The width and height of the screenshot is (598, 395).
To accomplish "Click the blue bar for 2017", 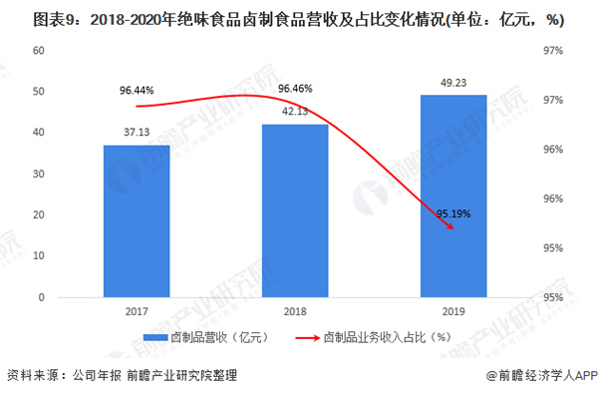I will point(137,220).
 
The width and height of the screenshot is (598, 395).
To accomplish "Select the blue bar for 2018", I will point(295,210).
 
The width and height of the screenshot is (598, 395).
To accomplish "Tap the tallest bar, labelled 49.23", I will point(453,196).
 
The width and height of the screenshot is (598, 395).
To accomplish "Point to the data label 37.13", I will point(137,133).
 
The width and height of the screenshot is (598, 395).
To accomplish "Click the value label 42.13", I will point(295,112).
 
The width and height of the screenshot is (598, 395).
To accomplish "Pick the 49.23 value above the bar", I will point(453,84).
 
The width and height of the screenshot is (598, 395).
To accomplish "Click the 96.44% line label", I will point(137,91).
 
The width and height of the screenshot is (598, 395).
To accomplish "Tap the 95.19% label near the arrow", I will point(453,213).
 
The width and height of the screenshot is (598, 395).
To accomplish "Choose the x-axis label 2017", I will point(137,311).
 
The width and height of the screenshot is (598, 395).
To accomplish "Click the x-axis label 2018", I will point(295,311).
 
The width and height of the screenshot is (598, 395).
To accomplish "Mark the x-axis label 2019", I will point(453,311).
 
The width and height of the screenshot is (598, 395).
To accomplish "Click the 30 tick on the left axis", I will point(40,174).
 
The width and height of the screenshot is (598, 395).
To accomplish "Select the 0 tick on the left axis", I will point(43,297).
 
